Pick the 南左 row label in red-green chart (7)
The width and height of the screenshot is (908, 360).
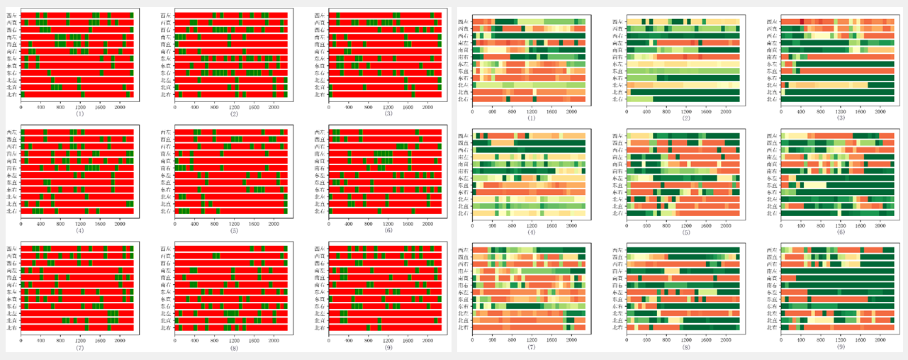pyautogui.click(x=13, y=270)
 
